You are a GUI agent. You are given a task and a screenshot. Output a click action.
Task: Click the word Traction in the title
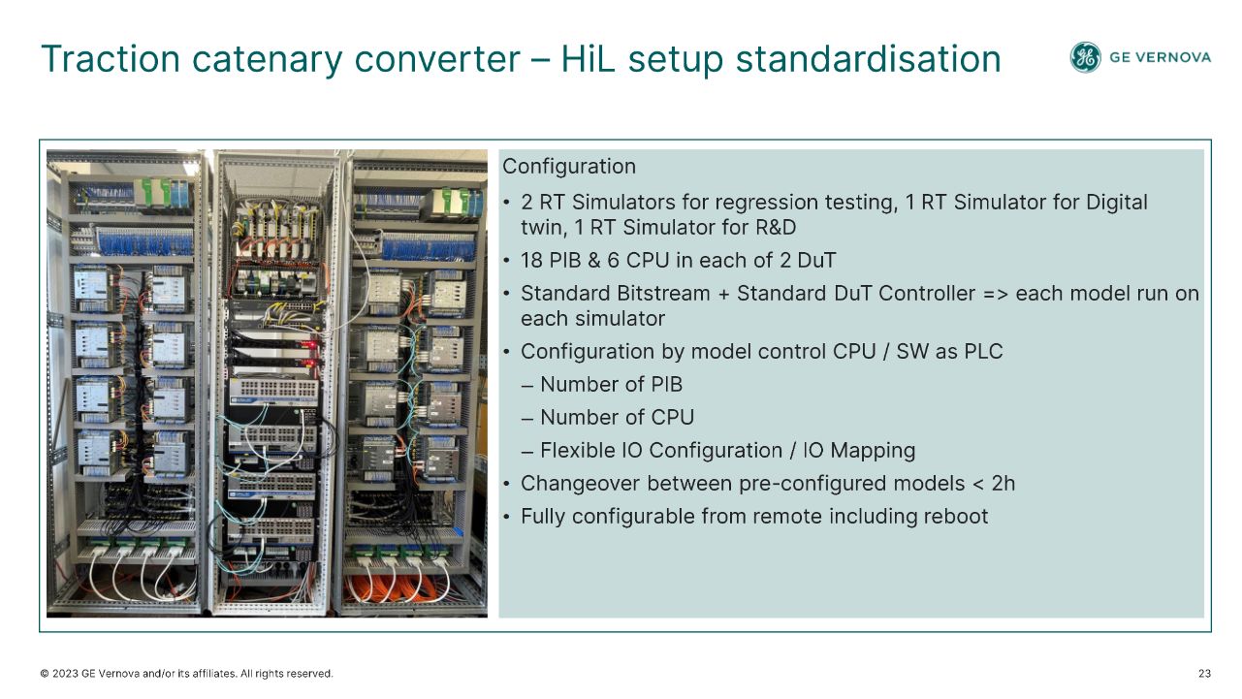[111, 59]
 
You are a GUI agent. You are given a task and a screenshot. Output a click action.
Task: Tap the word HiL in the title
[588, 59]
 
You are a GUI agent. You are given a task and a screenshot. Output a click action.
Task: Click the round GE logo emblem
[1085, 57]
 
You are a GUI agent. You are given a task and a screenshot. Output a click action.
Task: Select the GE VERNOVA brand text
[1160, 57]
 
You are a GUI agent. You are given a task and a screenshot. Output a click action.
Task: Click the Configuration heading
[569, 167]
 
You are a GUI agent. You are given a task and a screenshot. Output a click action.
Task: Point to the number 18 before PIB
[531, 260]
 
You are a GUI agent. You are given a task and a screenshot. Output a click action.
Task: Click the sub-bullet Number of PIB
[602, 384]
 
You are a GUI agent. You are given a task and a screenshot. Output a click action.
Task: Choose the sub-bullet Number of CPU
[608, 418]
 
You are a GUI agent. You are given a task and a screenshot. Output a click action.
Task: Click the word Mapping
[873, 451]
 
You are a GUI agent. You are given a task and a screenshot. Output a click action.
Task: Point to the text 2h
[1003, 484]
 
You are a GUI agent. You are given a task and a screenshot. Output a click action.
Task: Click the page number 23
[1204, 674]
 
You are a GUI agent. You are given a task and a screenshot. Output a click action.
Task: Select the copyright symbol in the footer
[45, 674]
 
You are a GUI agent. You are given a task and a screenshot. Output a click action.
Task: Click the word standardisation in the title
[869, 59]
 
